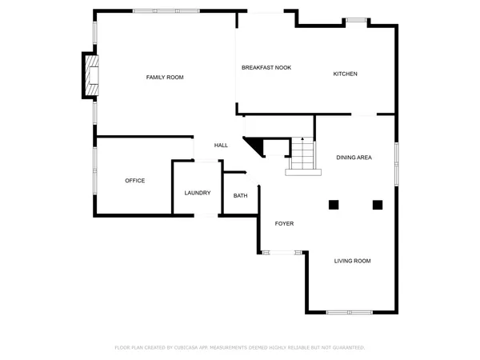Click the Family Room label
coord(165,78)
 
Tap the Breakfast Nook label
coord(266,68)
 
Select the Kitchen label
coord(345,74)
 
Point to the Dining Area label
coord(354,158)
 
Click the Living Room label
coord(352,261)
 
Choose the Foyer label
coord(284,223)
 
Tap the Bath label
coord(240,196)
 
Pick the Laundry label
coord(197,193)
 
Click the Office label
coord(134,181)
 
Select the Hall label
coord(221,146)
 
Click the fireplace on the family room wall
coord(91,75)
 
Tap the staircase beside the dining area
coord(302,154)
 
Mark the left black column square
coord(334,204)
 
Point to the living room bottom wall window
coord(350,311)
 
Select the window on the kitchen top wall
coord(356,20)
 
